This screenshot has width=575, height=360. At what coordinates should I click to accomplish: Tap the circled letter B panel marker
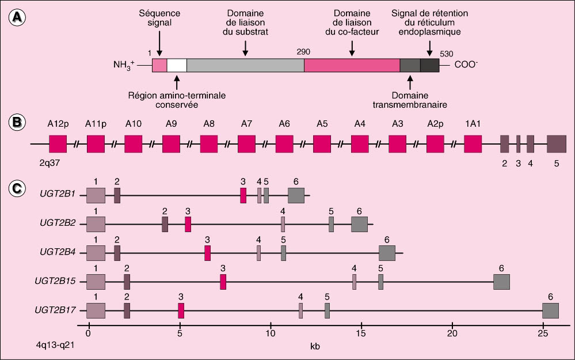coord(18,122)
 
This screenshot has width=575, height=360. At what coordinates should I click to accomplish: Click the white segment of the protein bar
coord(177,65)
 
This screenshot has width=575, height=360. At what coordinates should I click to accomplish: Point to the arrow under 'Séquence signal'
coord(159,44)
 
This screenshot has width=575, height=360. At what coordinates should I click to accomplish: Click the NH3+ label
coord(124,66)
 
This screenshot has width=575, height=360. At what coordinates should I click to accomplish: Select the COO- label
coord(466,65)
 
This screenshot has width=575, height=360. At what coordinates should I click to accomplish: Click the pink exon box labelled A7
coord(246,144)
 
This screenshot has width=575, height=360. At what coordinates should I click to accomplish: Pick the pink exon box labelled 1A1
coord(473,144)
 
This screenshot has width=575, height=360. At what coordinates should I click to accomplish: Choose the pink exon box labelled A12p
coord(58,144)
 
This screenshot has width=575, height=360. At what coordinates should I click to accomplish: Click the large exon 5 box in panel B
coord(557,144)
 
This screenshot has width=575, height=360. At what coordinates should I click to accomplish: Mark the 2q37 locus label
coord(50,163)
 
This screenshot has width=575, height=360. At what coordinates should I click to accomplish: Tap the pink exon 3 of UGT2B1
coord(243,195)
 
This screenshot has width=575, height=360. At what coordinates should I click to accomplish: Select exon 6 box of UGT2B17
coord(551,310)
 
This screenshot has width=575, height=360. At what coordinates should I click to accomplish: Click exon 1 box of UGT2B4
coord(96,253)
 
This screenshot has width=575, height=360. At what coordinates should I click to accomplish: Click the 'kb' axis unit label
coord(316,347)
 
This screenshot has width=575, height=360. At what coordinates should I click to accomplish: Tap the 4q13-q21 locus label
coord(56,347)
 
